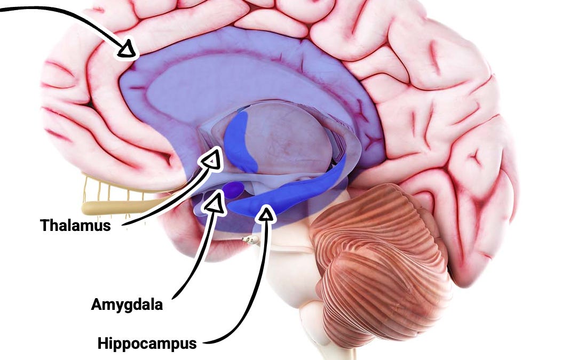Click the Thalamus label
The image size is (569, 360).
[75, 225]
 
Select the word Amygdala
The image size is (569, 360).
[127, 305]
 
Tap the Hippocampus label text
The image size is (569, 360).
[147, 343]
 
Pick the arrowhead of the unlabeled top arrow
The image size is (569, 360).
[127, 49]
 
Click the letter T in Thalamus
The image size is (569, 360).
[45, 225]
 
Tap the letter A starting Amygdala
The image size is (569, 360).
[97, 304]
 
